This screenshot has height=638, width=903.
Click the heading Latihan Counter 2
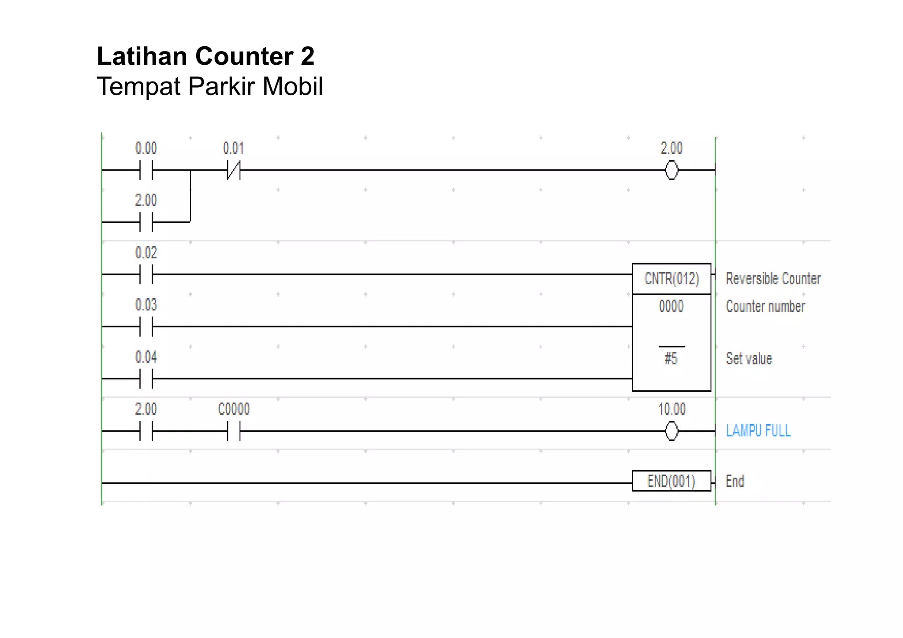205,56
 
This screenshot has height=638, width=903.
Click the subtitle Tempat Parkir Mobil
210,86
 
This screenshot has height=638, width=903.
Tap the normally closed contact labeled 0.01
234,170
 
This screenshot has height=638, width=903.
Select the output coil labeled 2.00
672,170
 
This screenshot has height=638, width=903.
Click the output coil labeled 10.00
672,431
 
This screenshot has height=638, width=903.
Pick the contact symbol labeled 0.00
146,170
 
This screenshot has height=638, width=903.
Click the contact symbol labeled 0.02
146,274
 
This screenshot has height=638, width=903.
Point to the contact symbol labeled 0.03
146,326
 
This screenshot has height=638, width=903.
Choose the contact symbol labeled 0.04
146,378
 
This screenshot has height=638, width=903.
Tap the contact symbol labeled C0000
234,431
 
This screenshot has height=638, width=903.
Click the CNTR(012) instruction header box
672,279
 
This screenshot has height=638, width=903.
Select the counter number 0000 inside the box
671,306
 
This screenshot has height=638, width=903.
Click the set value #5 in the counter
671,359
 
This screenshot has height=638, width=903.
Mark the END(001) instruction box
671,481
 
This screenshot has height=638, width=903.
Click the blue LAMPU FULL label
758,430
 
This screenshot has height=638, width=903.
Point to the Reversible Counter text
773,279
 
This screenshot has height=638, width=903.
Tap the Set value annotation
749,359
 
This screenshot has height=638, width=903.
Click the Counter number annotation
765,306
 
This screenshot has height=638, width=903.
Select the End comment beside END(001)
735,481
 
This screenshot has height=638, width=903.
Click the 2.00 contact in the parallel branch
146,222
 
